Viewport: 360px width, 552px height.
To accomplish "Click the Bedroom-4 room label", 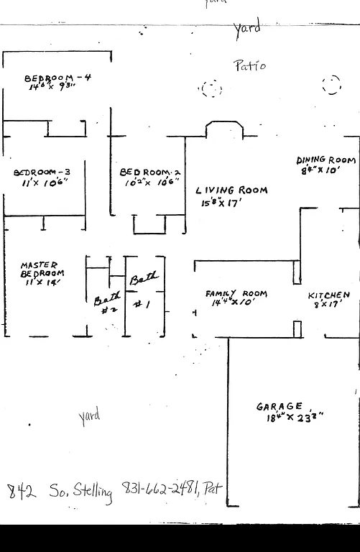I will coord(57,78).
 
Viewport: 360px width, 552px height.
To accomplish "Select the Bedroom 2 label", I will coord(149,172).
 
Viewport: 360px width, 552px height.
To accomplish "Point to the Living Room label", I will coord(231,190).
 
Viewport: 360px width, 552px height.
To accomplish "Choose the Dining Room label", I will coord(326,160).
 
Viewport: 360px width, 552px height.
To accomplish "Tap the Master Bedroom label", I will coord(42,270).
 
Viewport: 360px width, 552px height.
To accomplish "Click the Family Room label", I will coord(236,293).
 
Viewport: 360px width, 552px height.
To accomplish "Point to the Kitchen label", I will coord(328,295).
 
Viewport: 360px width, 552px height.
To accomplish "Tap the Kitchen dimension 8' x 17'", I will coord(326,305).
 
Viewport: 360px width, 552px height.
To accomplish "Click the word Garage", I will coord(280,406).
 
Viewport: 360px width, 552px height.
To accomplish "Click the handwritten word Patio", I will coord(249,65).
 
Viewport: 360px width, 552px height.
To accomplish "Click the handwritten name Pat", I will coord(213,489).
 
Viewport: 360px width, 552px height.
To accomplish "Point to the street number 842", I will coord(20,492).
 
